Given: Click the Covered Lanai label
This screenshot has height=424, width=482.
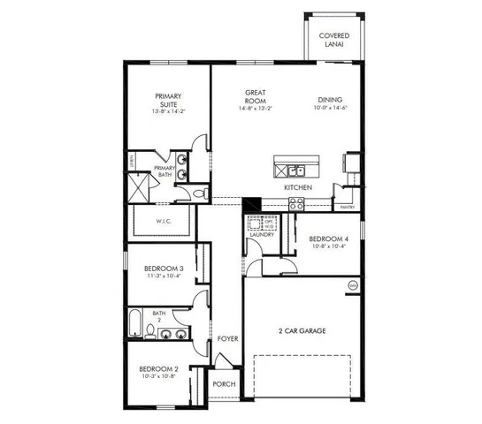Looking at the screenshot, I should point(335,41).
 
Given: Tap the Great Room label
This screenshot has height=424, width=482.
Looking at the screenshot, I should point(256,97).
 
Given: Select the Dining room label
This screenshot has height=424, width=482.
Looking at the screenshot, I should point(331,101).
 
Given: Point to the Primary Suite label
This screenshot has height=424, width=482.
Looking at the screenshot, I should point(167,101).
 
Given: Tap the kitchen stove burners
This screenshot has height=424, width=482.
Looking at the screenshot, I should point(295,202).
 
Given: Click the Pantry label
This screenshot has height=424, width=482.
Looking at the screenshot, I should point(347,208).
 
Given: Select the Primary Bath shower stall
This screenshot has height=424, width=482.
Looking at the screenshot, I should point(137,188).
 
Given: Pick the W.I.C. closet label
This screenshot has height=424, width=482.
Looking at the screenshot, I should point(164,221).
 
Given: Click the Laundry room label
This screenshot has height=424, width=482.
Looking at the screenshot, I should point(262,235).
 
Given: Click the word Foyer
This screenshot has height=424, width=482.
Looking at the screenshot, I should point(226,338).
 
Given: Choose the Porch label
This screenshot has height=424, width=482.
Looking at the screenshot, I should point(224,383).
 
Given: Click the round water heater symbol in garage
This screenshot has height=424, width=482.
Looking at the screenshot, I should point(353,285).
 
